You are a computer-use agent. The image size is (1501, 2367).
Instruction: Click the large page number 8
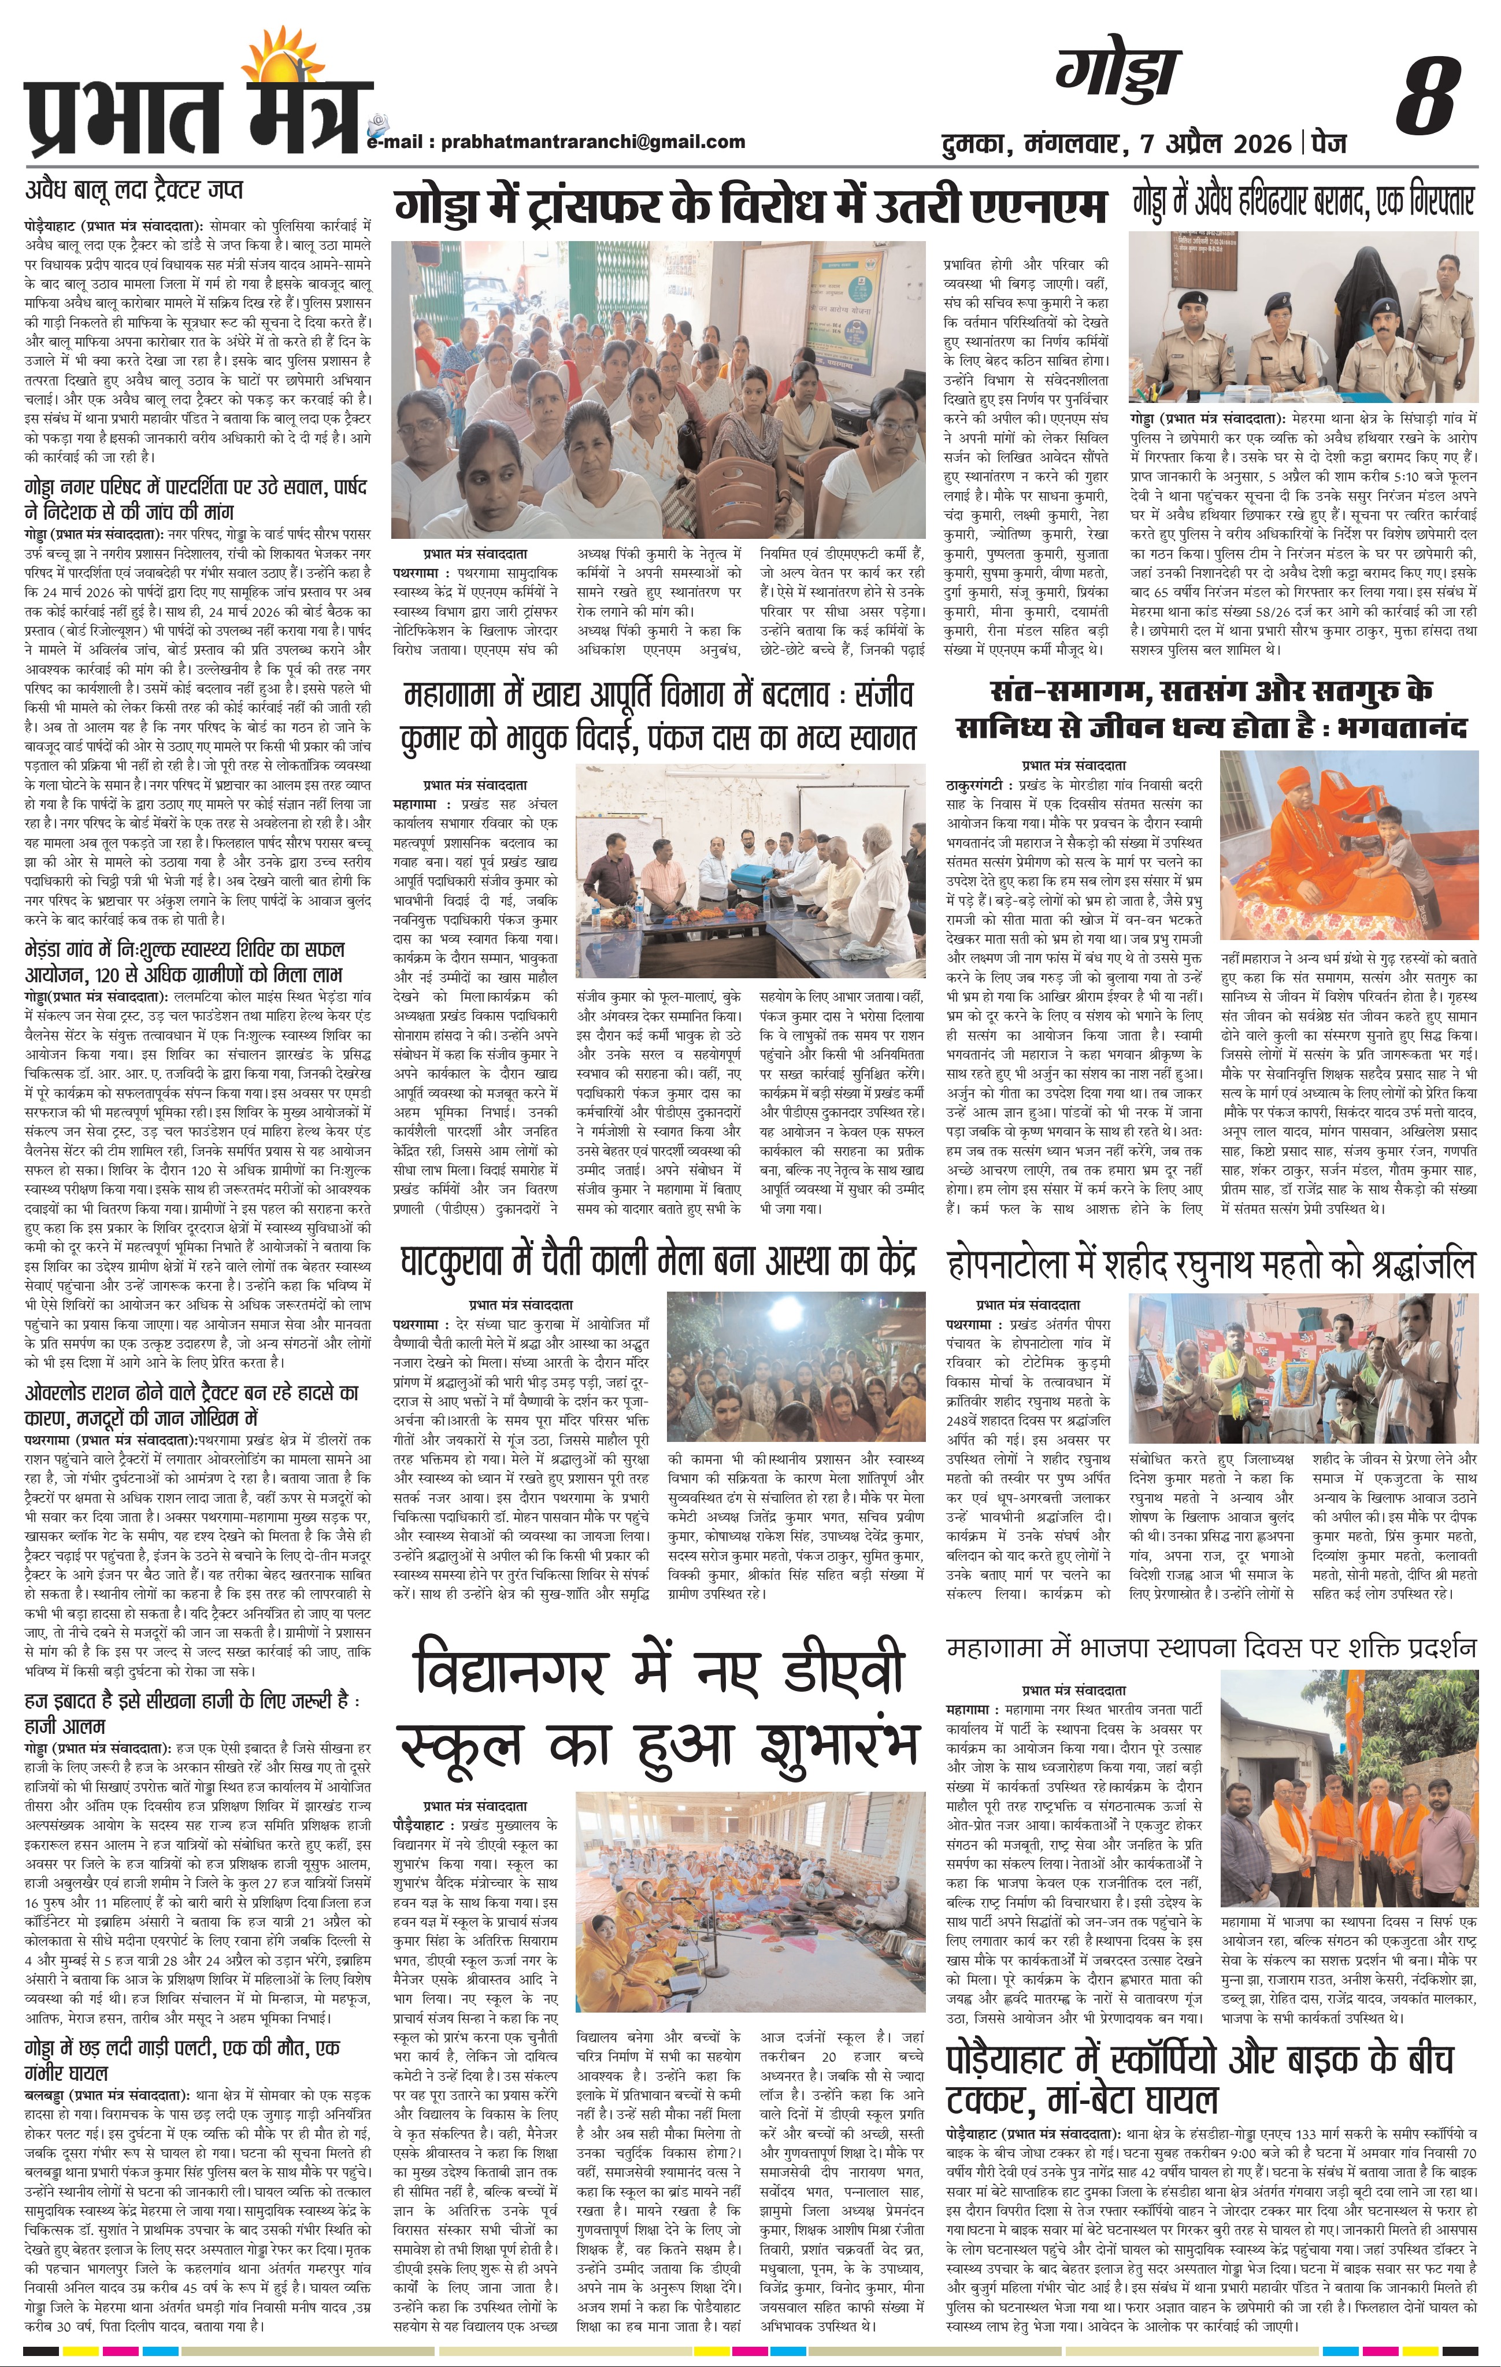click(1426, 97)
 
